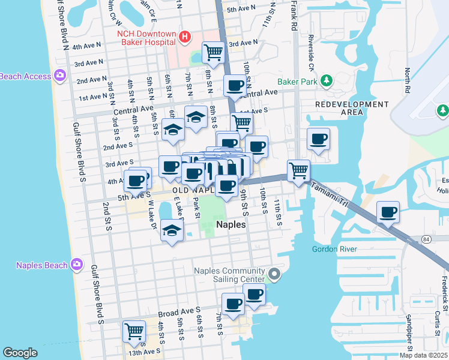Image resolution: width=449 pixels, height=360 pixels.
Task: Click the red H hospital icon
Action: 185,37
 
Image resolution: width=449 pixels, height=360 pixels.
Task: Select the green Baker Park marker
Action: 327,80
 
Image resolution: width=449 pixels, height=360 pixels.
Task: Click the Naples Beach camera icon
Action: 76,264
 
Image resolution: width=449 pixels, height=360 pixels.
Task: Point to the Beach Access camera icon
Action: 59,76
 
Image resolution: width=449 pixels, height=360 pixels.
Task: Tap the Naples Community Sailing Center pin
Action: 274,275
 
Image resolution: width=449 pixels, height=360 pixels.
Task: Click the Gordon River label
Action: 334,249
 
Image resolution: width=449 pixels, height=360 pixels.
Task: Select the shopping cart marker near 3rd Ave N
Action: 213,52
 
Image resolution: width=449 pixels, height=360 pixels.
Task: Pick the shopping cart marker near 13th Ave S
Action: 134,331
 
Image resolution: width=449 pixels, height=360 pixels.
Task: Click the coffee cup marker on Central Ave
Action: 235,85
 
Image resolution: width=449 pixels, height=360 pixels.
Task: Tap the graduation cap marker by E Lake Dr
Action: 172,232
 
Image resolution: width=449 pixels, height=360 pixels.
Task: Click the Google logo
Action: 20,352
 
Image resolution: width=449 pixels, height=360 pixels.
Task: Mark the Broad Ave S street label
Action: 179,313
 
